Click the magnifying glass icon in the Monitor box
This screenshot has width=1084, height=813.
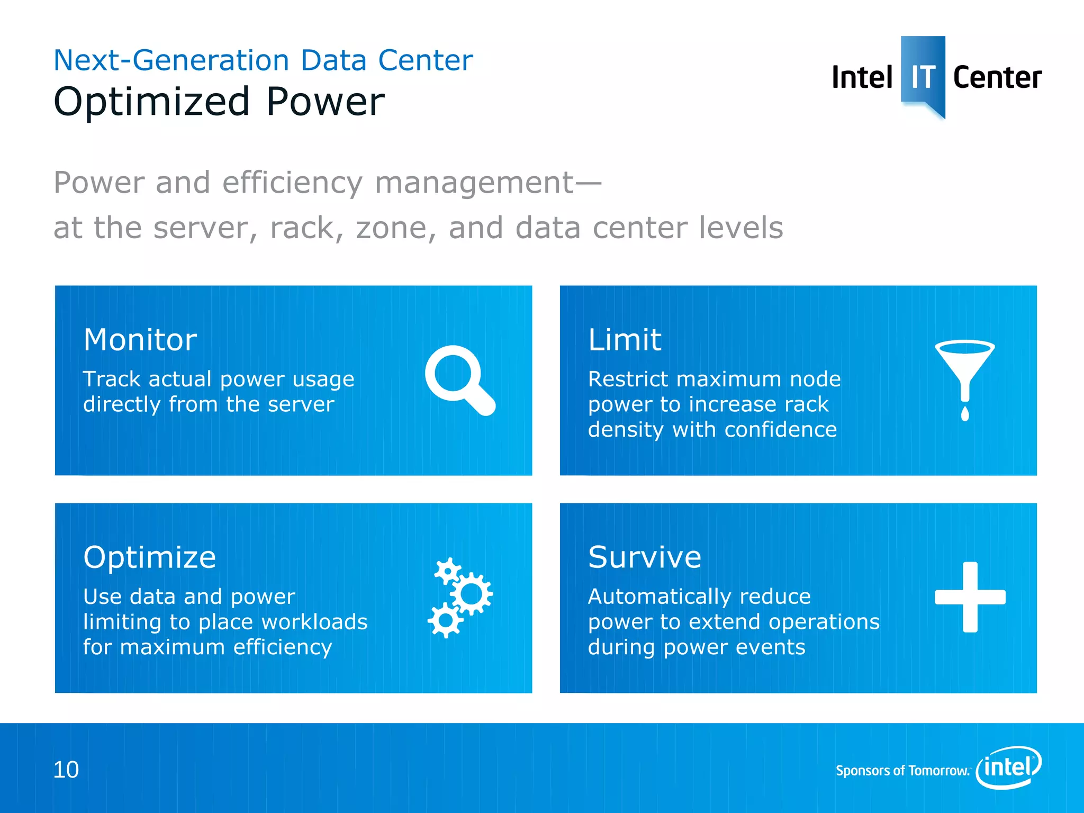coord(458,379)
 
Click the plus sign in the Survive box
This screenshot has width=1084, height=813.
coord(970,597)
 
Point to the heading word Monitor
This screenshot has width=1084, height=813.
coord(140,340)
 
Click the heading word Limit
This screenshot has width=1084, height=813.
coord(625,340)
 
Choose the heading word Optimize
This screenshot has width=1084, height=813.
coord(150,557)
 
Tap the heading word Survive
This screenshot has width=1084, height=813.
coord(645,557)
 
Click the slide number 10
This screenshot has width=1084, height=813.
coord(66,770)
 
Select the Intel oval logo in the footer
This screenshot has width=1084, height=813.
coord(1009,767)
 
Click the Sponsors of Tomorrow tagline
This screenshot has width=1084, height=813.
coord(902,771)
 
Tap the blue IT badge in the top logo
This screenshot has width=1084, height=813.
coord(923,74)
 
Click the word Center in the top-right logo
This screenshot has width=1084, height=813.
coord(997,78)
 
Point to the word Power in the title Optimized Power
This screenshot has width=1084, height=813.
coord(325,102)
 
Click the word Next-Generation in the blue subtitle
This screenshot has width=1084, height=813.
coord(171,60)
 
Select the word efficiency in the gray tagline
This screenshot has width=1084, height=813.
coord(292,183)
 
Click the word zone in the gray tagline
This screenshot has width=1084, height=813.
coord(396,228)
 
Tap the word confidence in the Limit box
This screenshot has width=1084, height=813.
coord(781,430)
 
